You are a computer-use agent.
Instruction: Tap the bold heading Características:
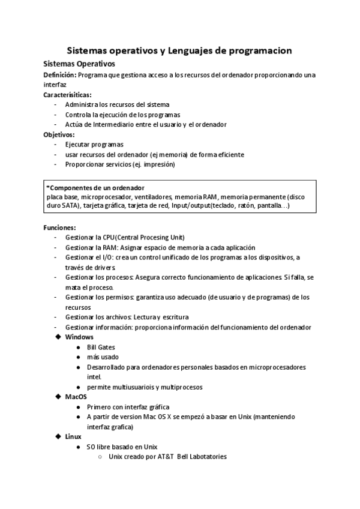click(x=67, y=95)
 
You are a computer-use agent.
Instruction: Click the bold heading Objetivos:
click(x=59, y=134)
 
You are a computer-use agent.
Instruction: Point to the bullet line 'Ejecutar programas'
click(x=94, y=145)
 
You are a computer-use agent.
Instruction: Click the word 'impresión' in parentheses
click(x=158, y=164)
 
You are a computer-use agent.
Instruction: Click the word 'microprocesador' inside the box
click(x=103, y=196)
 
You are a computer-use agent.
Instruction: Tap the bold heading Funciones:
click(x=59, y=227)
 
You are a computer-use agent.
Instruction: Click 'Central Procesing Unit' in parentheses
click(x=152, y=237)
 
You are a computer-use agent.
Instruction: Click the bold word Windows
click(x=79, y=337)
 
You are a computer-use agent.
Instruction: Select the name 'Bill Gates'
click(x=101, y=347)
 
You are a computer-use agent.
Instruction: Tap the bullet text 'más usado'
click(x=100, y=357)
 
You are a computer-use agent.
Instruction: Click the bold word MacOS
click(x=76, y=397)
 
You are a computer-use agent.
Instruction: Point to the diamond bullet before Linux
click(x=58, y=436)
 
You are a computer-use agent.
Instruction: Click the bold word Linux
click(x=73, y=436)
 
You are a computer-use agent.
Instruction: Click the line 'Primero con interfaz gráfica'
click(x=128, y=406)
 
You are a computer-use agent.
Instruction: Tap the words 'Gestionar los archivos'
click(x=100, y=317)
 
